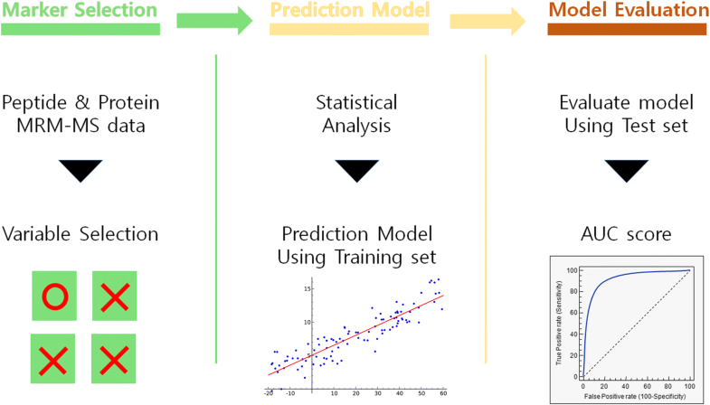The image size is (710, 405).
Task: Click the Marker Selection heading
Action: click(80, 11)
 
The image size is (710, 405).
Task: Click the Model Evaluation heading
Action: click(629, 11)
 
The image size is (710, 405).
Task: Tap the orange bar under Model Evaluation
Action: click(629, 29)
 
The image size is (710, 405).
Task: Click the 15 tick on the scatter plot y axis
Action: click(308, 288)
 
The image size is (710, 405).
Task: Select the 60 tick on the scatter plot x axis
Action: click(442, 393)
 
